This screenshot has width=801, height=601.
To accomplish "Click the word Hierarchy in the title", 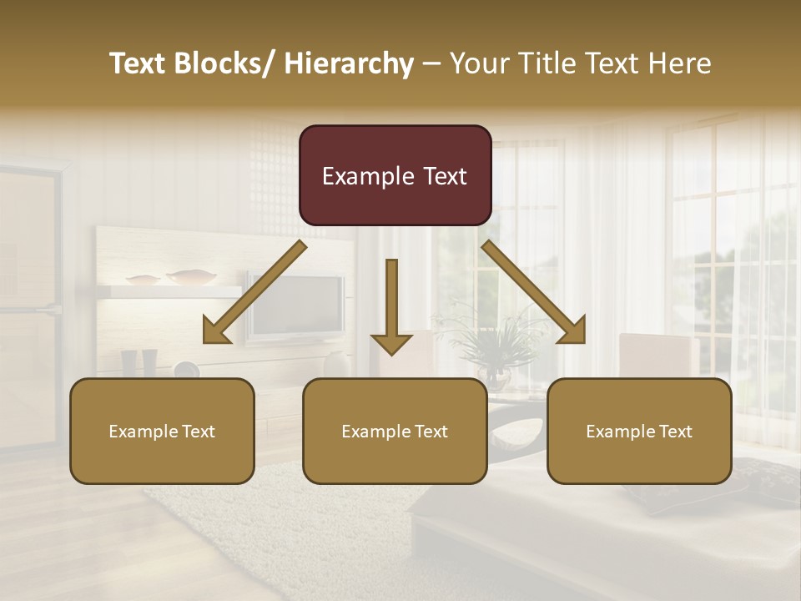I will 349,63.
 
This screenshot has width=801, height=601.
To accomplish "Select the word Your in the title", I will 478,63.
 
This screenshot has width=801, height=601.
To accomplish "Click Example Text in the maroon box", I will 395,176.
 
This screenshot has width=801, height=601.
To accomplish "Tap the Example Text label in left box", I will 162,432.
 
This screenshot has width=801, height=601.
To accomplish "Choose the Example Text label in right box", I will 639,432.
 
